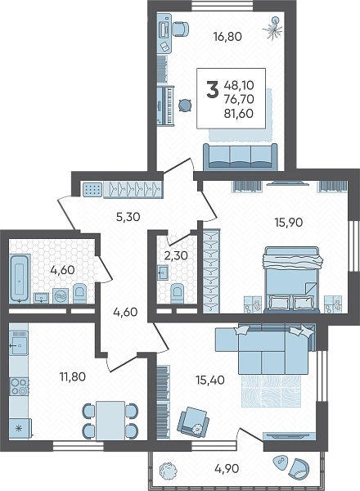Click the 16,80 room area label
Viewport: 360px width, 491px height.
(227, 37)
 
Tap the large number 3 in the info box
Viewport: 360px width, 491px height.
(213, 89)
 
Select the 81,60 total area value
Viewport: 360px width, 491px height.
(239, 114)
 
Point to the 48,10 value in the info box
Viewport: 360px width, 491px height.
(239, 85)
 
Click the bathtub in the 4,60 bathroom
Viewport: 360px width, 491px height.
(20, 279)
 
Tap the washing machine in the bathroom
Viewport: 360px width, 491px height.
(61, 295)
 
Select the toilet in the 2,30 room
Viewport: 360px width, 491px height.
(178, 294)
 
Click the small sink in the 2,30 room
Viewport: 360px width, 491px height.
(163, 273)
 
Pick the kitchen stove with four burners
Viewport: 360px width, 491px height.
(19, 386)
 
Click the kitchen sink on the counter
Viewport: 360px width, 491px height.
(19, 343)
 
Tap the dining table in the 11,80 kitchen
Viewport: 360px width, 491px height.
(110, 421)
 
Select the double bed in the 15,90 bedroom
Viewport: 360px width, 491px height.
(291, 280)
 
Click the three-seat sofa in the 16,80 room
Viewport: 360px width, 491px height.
(241, 157)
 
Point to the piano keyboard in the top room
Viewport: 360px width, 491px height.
(165, 106)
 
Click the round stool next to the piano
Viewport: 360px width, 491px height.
(185, 105)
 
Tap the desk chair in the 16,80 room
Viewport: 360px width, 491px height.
(181, 28)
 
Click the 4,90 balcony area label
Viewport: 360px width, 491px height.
(227, 469)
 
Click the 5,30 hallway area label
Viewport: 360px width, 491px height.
(128, 217)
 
